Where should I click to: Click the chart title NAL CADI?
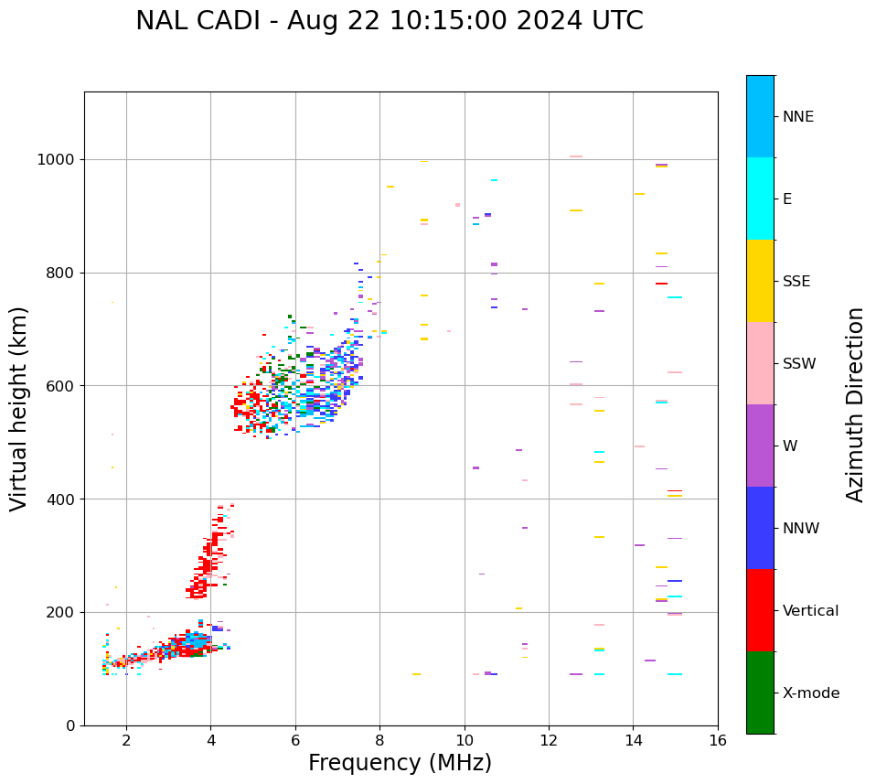(x=389, y=21)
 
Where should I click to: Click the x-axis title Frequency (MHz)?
(x=400, y=763)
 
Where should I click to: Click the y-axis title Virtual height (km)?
(x=19, y=408)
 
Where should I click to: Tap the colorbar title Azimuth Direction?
(x=855, y=403)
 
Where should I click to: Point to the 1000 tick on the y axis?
(x=61, y=159)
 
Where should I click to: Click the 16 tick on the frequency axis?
(x=718, y=739)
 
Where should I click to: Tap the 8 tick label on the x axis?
(x=379, y=739)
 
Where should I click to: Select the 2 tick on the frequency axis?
(x=126, y=739)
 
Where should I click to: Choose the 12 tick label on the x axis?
(x=549, y=739)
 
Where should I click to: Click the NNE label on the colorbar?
(x=798, y=116)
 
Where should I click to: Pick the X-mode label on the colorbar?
(x=811, y=693)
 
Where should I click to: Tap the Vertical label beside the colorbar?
(x=810, y=610)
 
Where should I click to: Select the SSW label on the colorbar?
(x=799, y=363)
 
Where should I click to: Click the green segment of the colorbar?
(x=760, y=693)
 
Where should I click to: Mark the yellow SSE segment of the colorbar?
(x=760, y=281)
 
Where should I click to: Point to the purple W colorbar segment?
(x=760, y=446)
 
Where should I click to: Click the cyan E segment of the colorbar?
(x=760, y=199)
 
